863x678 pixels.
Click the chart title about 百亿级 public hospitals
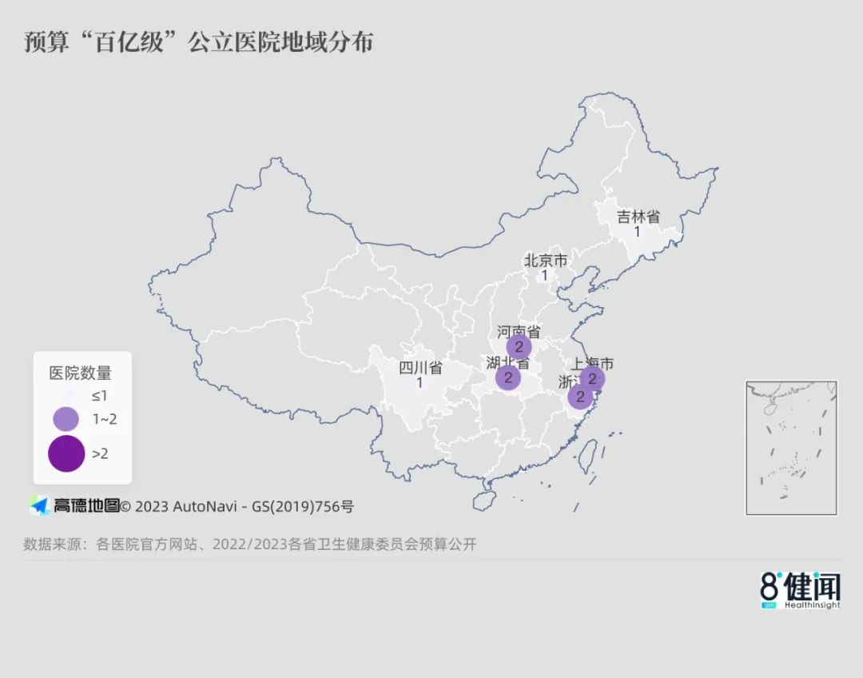(199, 42)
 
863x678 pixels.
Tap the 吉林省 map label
(638, 217)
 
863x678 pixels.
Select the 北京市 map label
(545, 260)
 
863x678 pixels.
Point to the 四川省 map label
(420, 368)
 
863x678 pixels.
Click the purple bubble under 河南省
(519, 347)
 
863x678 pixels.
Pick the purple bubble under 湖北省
(507, 377)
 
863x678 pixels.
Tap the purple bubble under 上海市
(592, 378)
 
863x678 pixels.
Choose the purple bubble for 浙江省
(580, 396)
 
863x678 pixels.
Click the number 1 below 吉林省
(638, 232)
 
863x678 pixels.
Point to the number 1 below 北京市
(545, 275)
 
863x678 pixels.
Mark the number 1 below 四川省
(420, 383)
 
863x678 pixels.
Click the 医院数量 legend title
(81, 373)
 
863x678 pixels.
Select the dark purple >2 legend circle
(66, 453)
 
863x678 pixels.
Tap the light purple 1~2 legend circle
(66, 418)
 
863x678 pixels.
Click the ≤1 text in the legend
(99, 395)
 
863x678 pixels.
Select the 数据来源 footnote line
(249, 544)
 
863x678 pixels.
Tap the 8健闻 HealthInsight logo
(800, 591)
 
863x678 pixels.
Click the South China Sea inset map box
(791, 448)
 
